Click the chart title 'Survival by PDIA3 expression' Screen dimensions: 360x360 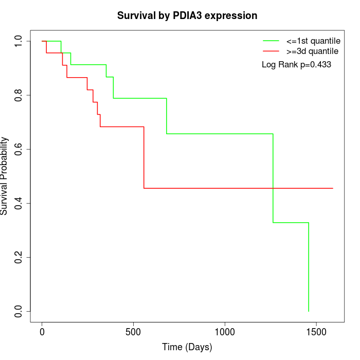187,15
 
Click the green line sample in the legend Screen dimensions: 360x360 271,41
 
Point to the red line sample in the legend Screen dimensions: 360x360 271,51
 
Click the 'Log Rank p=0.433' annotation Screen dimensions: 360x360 296,65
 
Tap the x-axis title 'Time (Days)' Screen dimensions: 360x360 187,348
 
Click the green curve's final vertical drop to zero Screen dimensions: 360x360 309,267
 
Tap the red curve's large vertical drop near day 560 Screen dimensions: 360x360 144,157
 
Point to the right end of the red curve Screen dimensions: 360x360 333,188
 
